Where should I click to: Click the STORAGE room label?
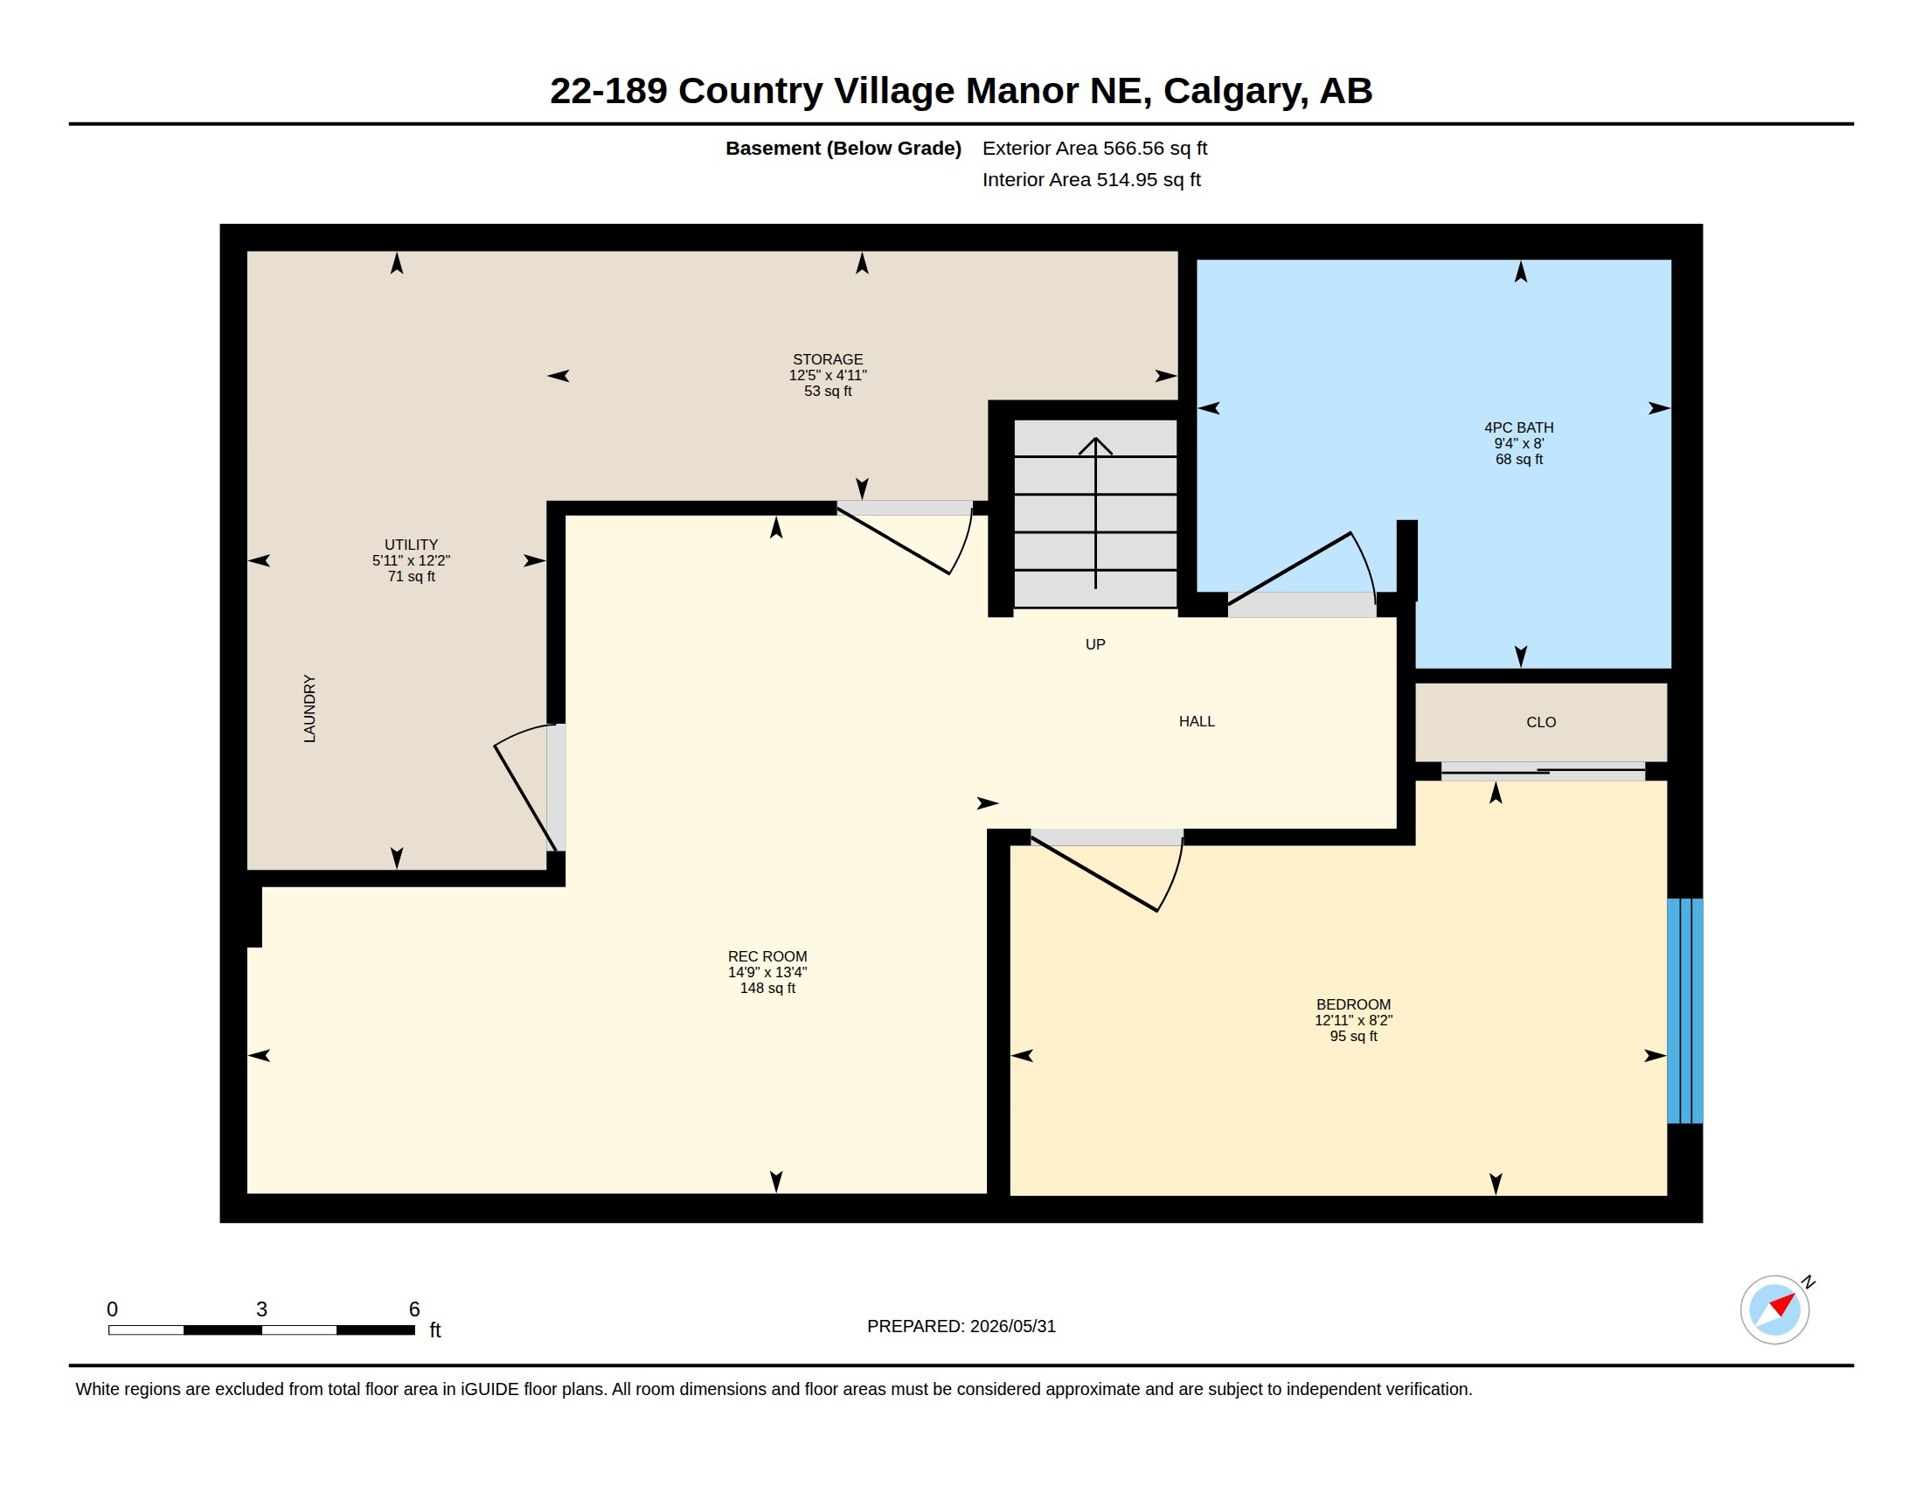pyautogui.click(x=828, y=359)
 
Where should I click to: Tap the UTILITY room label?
pyautogui.click(x=411, y=545)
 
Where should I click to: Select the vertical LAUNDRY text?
pyautogui.click(x=310, y=709)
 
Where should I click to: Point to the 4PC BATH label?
pyautogui.click(x=1519, y=427)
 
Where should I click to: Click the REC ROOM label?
pyautogui.click(x=767, y=957)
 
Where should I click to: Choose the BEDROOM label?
pyautogui.click(x=1353, y=1004)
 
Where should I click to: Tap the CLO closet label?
pyautogui.click(x=1541, y=722)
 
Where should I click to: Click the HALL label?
pyautogui.click(x=1197, y=721)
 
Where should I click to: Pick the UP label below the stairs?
pyautogui.click(x=1095, y=644)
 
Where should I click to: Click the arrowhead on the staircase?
pyautogui.click(x=1095, y=446)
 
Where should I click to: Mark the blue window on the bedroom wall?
pyautogui.click(x=1685, y=1010)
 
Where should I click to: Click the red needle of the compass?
pyautogui.click(x=1783, y=1304)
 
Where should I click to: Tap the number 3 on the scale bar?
pyautogui.click(x=261, y=1309)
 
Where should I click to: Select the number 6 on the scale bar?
pyautogui.click(x=413, y=1309)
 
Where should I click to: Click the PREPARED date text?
pyautogui.click(x=961, y=1326)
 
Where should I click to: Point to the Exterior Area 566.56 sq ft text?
pyautogui.click(x=1094, y=148)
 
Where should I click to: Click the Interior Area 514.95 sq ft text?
pyautogui.click(x=1091, y=179)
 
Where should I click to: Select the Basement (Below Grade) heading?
pyautogui.click(x=843, y=148)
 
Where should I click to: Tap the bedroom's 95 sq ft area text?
pyautogui.click(x=1353, y=1036)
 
